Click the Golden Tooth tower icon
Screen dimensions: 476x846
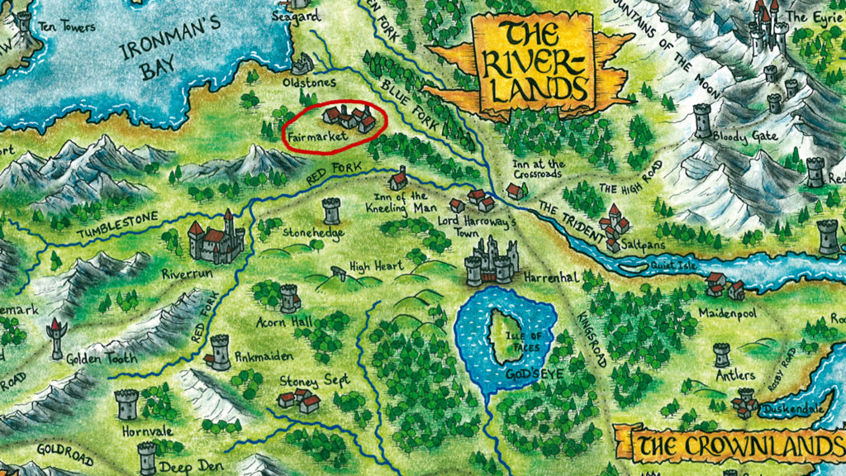56,336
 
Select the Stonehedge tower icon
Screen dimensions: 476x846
331,210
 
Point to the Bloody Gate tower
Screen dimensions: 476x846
702,120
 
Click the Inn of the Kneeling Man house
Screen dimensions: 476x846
398,178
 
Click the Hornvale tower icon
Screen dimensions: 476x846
126,404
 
